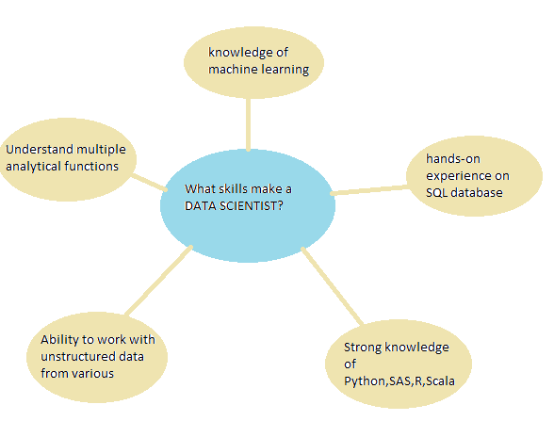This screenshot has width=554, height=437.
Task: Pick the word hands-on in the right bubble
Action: tap(453, 159)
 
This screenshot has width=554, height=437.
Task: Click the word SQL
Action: tap(437, 193)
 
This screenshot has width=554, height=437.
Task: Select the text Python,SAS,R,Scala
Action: tap(399, 381)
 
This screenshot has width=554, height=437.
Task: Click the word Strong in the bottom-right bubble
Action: tap(363, 348)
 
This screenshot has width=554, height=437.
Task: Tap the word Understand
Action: tap(40, 150)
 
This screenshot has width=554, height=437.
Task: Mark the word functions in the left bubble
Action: tap(91, 166)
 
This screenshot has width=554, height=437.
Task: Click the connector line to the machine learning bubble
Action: tap(249, 124)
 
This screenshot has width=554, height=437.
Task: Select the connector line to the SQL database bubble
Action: tap(369, 190)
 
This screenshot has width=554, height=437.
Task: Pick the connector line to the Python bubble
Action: tap(332, 285)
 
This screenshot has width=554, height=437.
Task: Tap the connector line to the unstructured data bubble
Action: tap(159, 280)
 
